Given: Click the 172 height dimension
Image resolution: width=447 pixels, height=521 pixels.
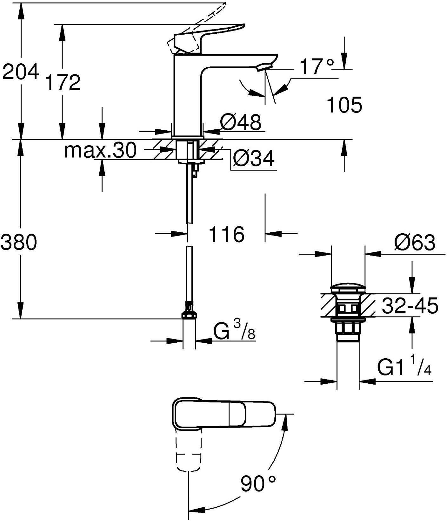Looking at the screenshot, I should pyautogui.click(x=63, y=83).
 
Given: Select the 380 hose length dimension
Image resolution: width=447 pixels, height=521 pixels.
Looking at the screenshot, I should pyautogui.click(x=19, y=242).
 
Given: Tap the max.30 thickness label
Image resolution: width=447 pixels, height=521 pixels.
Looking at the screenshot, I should pyautogui.click(x=100, y=150).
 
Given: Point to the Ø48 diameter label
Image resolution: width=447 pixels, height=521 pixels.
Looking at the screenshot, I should pyautogui.click(x=241, y=122).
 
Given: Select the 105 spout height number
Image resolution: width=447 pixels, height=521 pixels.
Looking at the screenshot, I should pyautogui.click(x=344, y=105).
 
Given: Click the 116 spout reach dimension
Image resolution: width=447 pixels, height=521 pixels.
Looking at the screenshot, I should pyautogui.click(x=227, y=235).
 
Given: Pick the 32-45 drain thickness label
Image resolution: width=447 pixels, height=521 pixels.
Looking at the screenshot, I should pyautogui.click(x=410, y=306).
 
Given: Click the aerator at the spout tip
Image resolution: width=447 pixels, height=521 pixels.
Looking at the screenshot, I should pyautogui.click(x=264, y=66).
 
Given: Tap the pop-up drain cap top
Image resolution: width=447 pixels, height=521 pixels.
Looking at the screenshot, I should pyautogui.click(x=348, y=288).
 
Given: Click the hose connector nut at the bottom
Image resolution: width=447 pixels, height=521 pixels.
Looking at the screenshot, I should pyautogui.click(x=189, y=315).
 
